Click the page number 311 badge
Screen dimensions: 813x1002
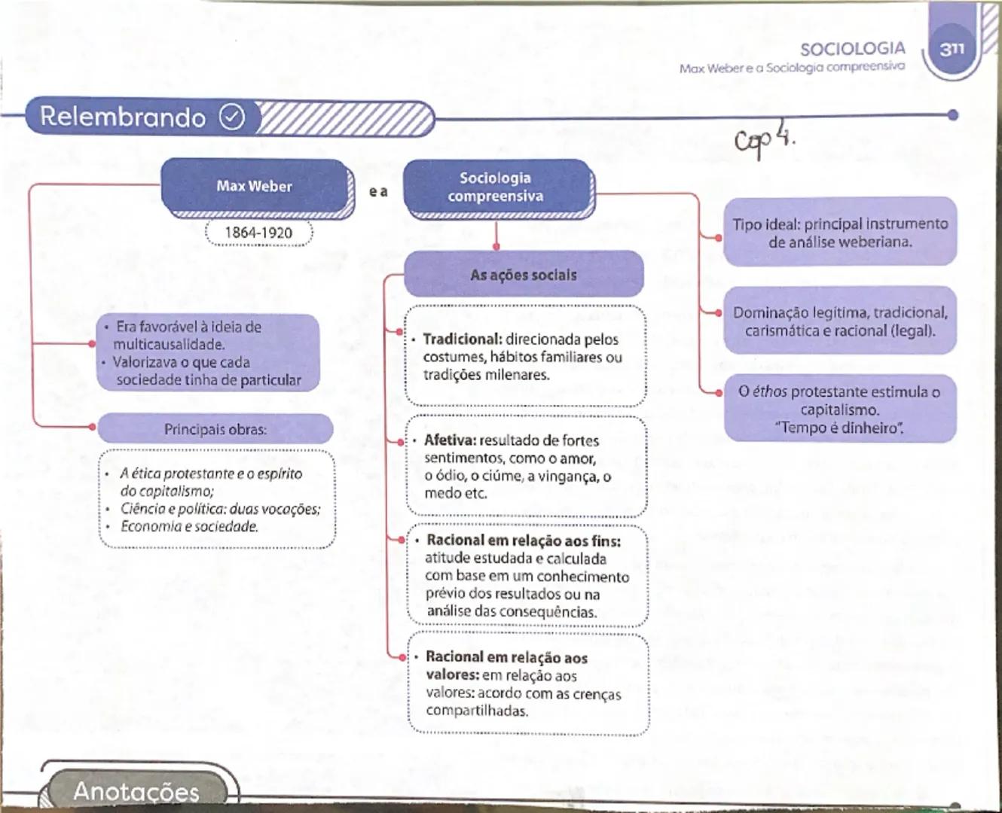point(952,48)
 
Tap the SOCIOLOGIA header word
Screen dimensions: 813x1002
point(852,49)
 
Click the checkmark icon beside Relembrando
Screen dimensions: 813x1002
point(232,117)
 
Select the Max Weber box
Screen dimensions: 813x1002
point(255,186)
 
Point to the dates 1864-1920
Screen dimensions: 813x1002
point(258,233)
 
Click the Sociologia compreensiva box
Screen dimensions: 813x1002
point(496,187)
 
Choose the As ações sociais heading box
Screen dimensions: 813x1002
point(524,275)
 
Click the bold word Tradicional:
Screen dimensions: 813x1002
point(462,340)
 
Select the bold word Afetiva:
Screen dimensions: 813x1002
point(450,440)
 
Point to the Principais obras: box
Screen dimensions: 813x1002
point(215,429)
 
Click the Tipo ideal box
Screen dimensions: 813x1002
point(840,233)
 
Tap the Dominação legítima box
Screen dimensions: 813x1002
point(840,321)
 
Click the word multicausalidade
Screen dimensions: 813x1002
point(169,345)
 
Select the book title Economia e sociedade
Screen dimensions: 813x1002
point(189,526)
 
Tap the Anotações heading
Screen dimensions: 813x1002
point(136,791)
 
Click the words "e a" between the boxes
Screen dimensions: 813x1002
point(378,192)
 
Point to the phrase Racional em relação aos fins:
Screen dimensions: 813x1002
point(524,540)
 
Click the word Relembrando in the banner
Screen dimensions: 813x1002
point(123,117)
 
